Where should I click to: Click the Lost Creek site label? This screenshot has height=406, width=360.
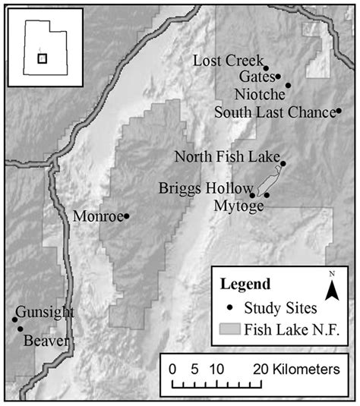(228, 61)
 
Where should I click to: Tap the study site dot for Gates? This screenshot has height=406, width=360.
(278, 76)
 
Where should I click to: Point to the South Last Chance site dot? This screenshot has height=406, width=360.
(339, 112)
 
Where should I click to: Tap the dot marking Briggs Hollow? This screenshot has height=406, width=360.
(252, 194)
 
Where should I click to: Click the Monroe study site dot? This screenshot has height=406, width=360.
(127, 216)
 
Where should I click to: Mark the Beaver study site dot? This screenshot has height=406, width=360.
(21, 329)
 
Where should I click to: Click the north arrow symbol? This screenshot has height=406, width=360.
(331, 288)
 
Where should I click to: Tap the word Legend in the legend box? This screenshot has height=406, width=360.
(245, 285)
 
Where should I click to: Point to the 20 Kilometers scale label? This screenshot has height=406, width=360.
(296, 370)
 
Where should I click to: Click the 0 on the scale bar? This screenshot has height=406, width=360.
(173, 370)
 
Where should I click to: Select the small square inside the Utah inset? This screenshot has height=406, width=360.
(43, 57)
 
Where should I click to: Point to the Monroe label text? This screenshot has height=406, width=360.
(98, 216)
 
